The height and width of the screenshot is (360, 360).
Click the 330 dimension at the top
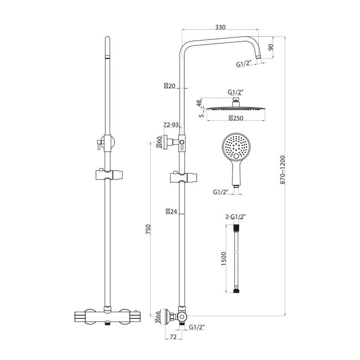[x=220, y=27]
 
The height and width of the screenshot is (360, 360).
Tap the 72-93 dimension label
[x=171, y=125]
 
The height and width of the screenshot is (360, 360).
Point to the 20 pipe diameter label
[x=170, y=86]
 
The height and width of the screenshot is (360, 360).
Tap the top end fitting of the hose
[x=235, y=231]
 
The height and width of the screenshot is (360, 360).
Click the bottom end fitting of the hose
[x=235, y=291]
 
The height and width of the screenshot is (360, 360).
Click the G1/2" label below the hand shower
[x=221, y=192]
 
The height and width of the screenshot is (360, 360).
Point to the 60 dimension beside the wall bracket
[x=159, y=141]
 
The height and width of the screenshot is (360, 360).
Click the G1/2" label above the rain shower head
[x=235, y=92]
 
